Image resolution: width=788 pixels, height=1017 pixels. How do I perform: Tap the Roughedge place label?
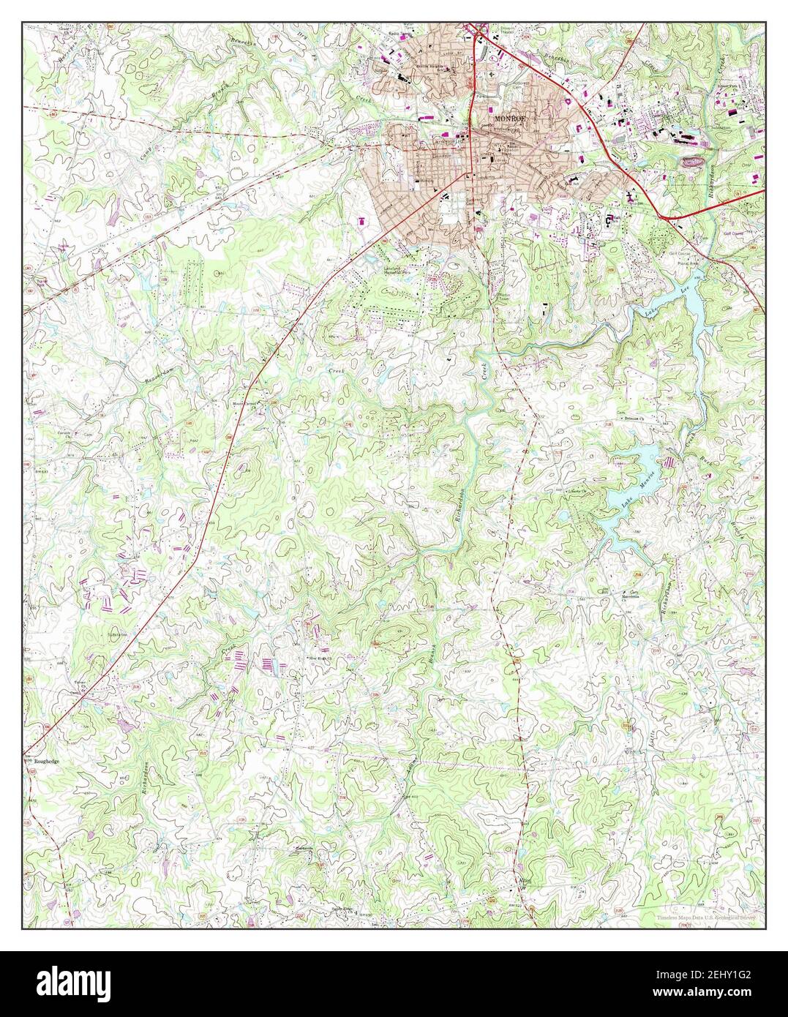(x=42, y=762)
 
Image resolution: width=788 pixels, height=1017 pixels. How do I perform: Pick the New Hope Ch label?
(x=320, y=658)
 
